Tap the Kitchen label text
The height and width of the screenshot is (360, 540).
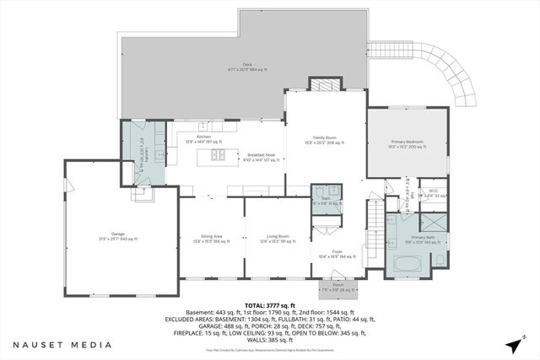tap(204, 137)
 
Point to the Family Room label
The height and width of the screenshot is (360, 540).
tap(325, 140)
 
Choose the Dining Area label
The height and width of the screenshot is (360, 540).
tap(212, 239)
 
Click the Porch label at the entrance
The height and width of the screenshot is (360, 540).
tap(337, 287)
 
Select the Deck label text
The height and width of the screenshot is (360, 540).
tap(246, 67)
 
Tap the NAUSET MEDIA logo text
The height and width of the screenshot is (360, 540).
tap(62, 345)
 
